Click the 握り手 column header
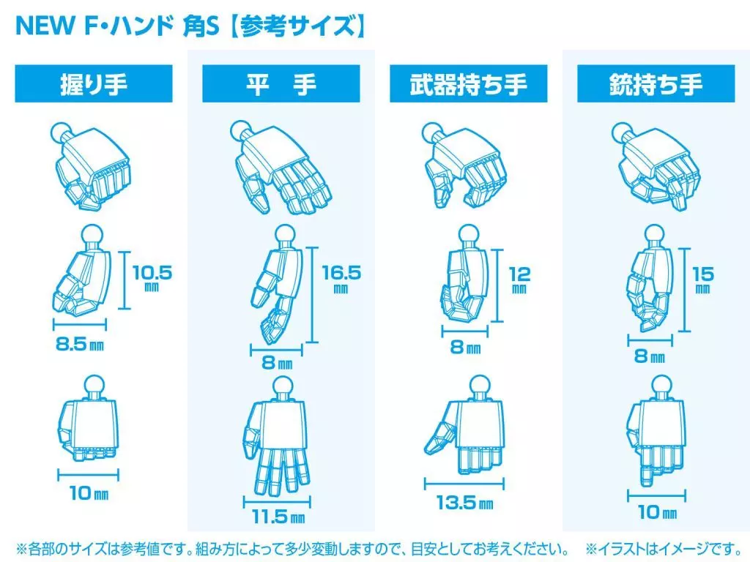(94, 84)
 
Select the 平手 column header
(281, 84)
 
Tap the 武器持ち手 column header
(469, 84)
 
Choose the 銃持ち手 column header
(656, 84)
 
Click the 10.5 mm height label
(152, 277)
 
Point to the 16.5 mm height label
(341, 278)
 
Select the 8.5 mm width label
(80, 344)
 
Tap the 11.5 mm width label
(279, 517)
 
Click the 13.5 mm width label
(465, 502)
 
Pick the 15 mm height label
(703, 279)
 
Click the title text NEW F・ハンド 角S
(118, 26)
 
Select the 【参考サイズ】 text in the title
(297, 26)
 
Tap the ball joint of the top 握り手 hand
(61, 132)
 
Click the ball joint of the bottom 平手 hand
(282, 386)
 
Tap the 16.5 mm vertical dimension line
(312, 295)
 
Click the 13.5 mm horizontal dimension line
(464, 484)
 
